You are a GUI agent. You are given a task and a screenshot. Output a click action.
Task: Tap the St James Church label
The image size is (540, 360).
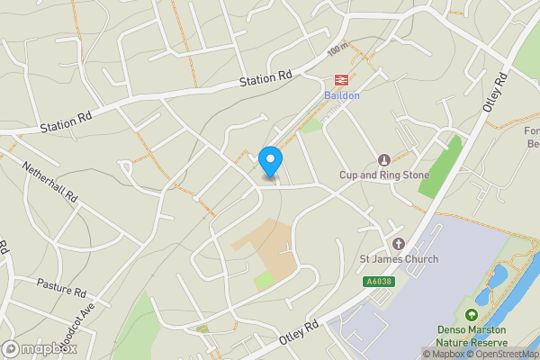point(399,260)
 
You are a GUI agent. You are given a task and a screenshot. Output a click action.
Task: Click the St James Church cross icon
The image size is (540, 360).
point(399,245)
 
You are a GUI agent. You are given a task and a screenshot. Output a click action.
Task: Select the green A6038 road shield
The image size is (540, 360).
point(379,282)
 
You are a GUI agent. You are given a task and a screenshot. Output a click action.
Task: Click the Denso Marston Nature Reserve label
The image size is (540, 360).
point(471,336)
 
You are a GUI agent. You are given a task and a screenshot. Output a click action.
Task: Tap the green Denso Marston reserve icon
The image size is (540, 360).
point(471,315)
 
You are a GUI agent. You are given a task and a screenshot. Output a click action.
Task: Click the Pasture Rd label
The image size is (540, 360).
point(61,288)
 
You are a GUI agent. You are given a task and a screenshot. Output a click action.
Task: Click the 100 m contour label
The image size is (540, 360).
point(337,48)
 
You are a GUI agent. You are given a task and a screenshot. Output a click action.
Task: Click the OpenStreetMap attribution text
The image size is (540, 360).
point(504,354)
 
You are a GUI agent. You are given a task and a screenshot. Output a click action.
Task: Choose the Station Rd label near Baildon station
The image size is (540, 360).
point(266,80)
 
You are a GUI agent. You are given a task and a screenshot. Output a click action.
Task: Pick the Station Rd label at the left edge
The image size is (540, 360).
point(67,122)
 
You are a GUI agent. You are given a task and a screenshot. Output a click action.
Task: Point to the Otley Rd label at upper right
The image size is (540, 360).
point(494,95)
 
